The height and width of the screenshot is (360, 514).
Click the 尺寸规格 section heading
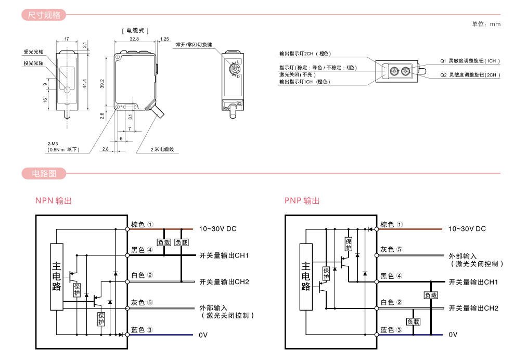[x=44, y=15]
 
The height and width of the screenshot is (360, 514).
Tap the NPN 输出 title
[x=53, y=201]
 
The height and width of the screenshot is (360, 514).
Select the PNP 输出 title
[x=302, y=201]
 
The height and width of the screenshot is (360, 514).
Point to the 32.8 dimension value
[x=134, y=39]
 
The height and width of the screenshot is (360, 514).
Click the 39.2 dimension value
[x=102, y=83]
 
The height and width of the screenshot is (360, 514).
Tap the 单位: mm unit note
[x=486, y=24]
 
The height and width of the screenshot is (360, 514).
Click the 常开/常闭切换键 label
[x=194, y=45]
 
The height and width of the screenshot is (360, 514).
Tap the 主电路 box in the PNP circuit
[x=306, y=276]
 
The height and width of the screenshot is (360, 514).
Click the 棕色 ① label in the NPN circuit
[x=142, y=225]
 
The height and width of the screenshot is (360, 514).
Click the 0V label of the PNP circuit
[x=453, y=335]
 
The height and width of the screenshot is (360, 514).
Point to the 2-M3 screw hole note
[x=53, y=143]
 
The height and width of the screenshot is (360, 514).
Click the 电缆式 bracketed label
[x=135, y=31]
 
